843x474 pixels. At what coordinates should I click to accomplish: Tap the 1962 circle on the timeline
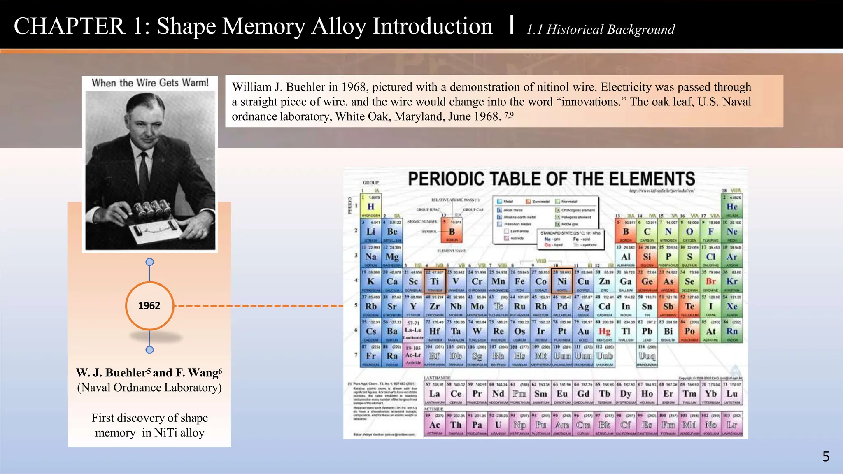pos(149,306)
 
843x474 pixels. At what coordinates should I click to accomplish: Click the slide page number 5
pos(826,456)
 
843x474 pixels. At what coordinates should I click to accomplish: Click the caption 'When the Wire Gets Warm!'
pos(150,83)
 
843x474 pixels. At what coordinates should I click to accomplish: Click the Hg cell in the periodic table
pos(604,331)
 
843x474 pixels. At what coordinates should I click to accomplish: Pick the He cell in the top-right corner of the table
pos(732,207)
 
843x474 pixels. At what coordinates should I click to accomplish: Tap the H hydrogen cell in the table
pos(370,207)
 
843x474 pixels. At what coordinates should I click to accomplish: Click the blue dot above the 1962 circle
pos(150,262)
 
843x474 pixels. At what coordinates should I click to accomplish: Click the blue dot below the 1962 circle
pos(150,350)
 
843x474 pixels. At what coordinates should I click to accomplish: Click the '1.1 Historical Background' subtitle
pos(601,29)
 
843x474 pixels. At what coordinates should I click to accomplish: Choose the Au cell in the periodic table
pos(583,331)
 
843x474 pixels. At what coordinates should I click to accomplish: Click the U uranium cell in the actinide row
pos(498,425)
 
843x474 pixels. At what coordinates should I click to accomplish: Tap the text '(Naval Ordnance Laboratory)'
pos(149,388)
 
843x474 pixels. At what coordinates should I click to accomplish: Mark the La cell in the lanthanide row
pos(435,393)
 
